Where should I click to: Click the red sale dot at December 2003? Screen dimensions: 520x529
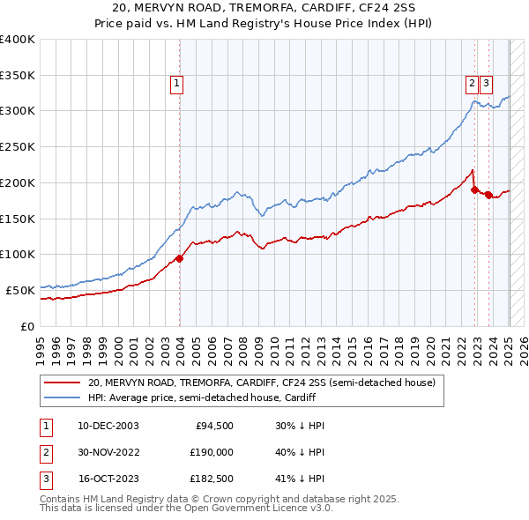coord(179,258)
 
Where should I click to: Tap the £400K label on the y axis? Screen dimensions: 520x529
coord(17,40)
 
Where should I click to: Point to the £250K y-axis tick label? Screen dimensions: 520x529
coord(17,147)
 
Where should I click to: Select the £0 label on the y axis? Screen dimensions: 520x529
coord(27,326)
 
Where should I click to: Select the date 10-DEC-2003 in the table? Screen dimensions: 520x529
coord(108,426)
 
